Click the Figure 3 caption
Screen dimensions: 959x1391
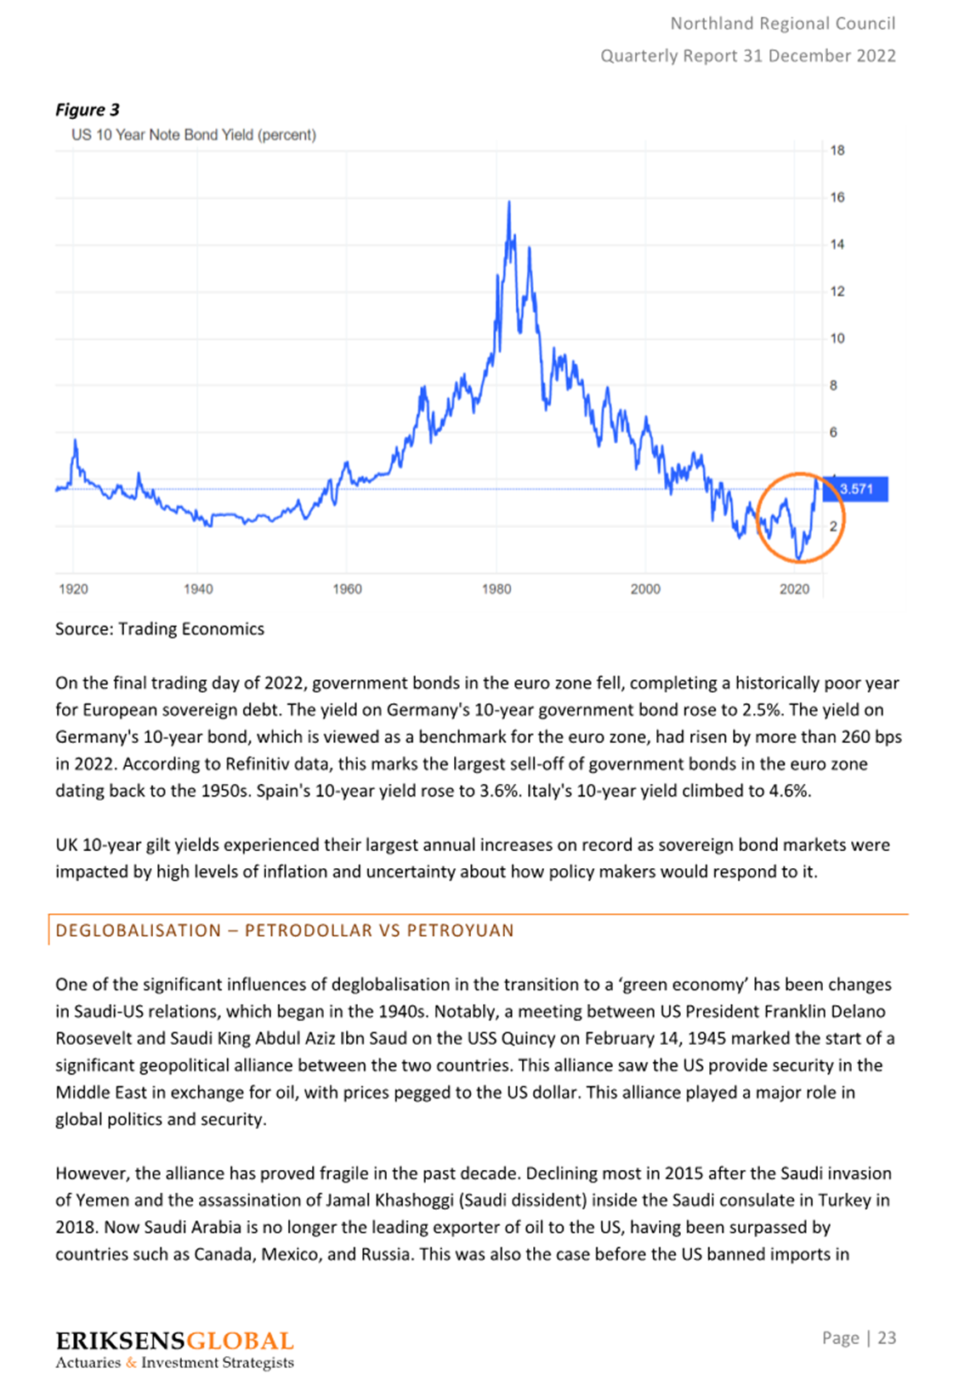pos(87,110)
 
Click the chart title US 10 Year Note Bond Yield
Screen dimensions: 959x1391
pos(193,134)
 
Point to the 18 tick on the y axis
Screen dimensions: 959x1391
pos(837,150)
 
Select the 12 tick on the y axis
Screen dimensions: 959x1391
pos(837,292)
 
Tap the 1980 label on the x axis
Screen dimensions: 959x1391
pos(497,588)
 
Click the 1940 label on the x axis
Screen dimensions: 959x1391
pos(197,588)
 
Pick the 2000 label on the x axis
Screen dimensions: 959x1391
pos(645,588)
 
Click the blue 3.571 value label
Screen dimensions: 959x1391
pos(855,489)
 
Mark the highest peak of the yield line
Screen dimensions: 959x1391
pos(509,202)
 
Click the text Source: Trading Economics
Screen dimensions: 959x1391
pos(160,629)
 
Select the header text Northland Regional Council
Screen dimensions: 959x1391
pos(783,24)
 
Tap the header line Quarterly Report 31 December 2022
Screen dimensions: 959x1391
pos(748,56)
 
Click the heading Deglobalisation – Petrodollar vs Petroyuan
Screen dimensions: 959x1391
pos(285,930)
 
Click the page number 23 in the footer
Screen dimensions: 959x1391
pos(887,1337)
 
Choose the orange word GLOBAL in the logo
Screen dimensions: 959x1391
pos(240,1342)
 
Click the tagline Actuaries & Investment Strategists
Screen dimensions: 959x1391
pos(174,1363)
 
